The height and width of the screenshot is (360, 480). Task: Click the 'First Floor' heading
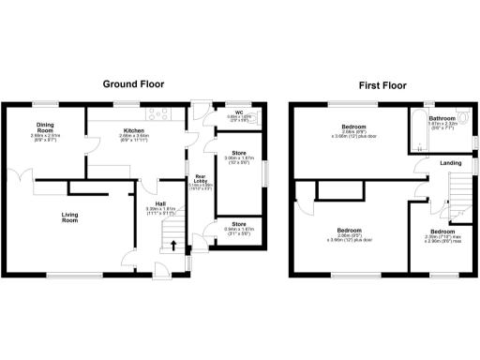[381, 83]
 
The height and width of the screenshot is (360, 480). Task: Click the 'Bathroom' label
[442, 119]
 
